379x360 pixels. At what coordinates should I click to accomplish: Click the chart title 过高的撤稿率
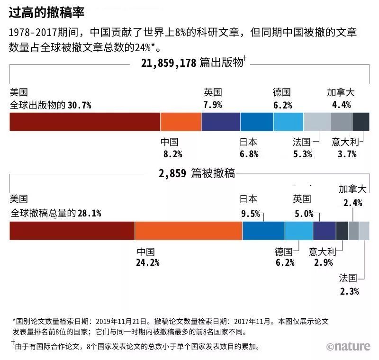[46, 13]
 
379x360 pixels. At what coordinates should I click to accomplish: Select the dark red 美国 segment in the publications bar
[85, 122]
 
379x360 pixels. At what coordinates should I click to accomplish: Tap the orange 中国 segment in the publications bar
[180, 122]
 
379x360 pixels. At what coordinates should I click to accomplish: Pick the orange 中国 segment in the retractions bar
[189, 231]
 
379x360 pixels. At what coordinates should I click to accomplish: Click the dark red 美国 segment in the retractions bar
[72, 231]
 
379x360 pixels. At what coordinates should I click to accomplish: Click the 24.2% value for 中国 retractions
[148, 262]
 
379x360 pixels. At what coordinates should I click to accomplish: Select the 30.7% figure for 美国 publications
[79, 105]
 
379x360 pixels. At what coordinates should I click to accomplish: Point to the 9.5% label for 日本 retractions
[251, 214]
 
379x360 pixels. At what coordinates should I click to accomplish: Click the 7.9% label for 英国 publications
[213, 105]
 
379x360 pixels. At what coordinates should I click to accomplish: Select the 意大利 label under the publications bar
[344, 142]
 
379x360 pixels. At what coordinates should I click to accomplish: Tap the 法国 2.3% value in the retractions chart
[350, 291]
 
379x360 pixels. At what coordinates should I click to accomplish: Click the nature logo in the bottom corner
[348, 346]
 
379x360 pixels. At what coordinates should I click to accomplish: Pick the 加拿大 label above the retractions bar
[352, 189]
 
